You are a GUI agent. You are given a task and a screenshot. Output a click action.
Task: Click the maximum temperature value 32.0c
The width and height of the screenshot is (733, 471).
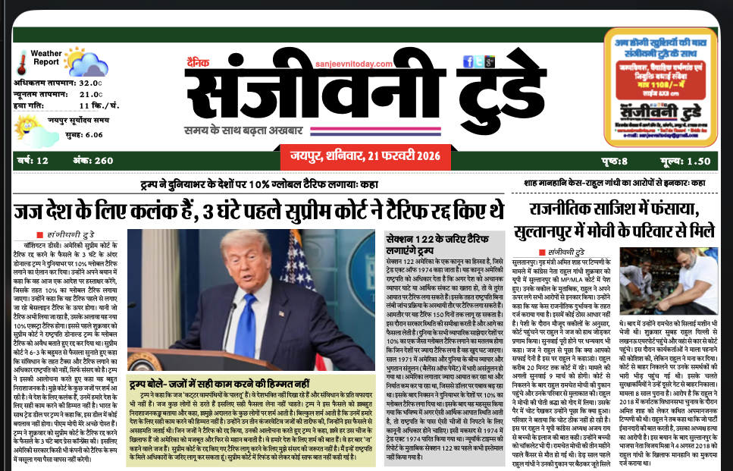point(90,83)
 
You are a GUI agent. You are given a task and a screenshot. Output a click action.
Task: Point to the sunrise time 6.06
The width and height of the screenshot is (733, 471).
point(94,134)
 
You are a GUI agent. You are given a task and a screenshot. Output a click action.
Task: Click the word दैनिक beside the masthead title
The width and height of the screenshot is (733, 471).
point(196,64)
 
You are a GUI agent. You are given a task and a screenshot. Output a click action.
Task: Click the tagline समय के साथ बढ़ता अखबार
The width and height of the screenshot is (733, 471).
point(252,129)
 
